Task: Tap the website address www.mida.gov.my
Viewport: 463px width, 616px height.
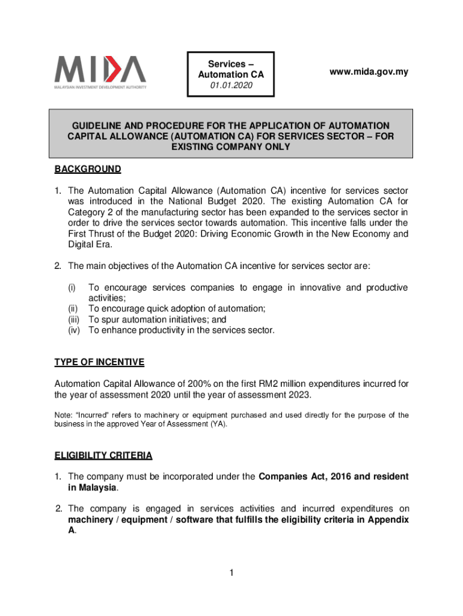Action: [x=369, y=72]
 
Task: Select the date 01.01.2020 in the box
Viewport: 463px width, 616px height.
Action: [x=231, y=86]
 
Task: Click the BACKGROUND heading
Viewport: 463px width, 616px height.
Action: [x=88, y=169]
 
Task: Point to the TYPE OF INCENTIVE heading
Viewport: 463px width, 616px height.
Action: [x=99, y=362]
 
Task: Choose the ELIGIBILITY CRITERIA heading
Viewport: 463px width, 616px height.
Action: [x=103, y=455]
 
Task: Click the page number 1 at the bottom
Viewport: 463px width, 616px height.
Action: [x=231, y=573]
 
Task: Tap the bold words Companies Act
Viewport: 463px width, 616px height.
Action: [x=290, y=476]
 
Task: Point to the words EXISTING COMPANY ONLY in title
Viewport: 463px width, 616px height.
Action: [x=231, y=147]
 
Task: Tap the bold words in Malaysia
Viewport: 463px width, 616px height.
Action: [x=92, y=487]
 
